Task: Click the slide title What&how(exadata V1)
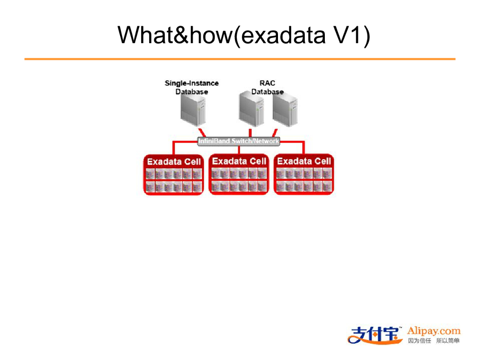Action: [244, 36]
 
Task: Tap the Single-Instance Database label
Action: [192, 87]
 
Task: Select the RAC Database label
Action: [267, 87]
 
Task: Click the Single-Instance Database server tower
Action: [193, 110]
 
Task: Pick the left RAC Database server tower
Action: [251, 109]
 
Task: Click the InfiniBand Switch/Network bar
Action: [239, 141]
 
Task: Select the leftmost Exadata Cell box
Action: [173, 174]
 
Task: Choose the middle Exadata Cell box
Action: [239, 174]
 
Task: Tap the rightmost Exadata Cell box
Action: [304, 174]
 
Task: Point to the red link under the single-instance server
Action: [202, 133]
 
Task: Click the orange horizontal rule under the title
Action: [240, 59]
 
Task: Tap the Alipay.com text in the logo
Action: [434, 331]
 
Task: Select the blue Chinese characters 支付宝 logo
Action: [375, 335]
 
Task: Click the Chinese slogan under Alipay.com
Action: [434, 341]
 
